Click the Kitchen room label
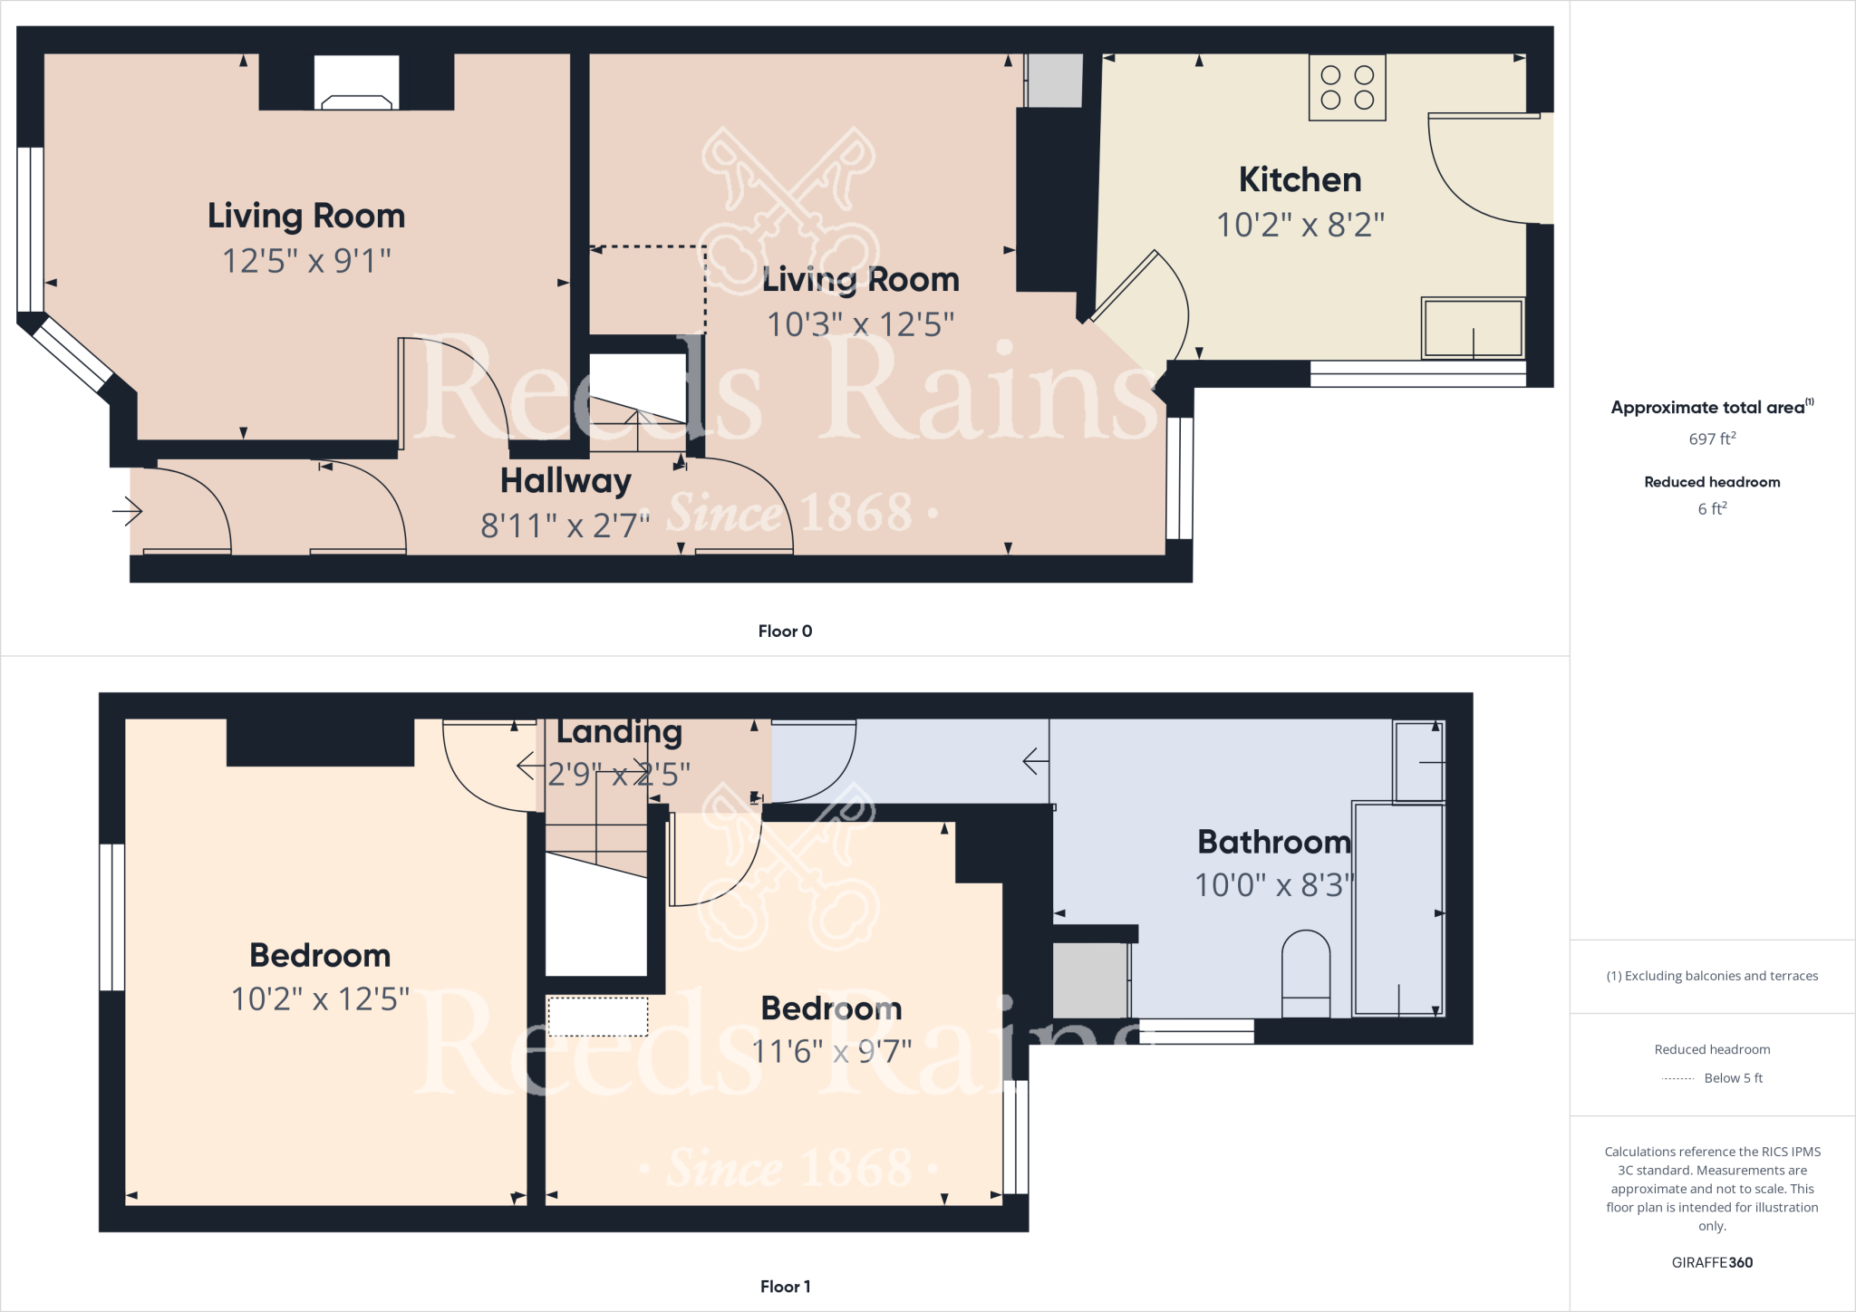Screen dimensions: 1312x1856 [x=1300, y=180]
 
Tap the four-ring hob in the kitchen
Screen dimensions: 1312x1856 [x=1347, y=88]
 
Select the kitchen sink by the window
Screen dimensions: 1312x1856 [x=1473, y=328]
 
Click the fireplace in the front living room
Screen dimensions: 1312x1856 [x=356, y=84]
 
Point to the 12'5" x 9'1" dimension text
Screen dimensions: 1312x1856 [x=306, y=261]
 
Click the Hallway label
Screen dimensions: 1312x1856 [x=565, y=481]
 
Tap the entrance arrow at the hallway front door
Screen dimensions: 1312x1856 [x=128, y=512]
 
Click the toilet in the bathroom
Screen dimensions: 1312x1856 [x=1306, y=974]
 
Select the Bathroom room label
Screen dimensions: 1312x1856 [x=1274, y=843]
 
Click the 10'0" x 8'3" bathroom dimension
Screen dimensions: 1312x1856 [x=1274, y=885]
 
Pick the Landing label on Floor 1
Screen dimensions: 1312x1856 [x=619, y=731]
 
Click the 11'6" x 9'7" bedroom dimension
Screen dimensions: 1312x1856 [x=831, y=1052]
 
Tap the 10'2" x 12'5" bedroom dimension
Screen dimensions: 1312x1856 [x=320, y=999]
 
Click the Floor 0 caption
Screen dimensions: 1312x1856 [x=785, y=632]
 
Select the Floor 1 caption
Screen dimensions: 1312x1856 [x=785, y=1287]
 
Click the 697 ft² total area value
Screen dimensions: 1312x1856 [x=1712, y=439]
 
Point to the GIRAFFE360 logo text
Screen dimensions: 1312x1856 [x=1712, y=1262]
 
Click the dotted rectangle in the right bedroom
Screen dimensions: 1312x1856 [x=598, y=1017]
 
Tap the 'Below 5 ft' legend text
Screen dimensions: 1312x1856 [x=1733, y=1078]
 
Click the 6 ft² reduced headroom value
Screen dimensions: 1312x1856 [x=1712, y=509]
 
